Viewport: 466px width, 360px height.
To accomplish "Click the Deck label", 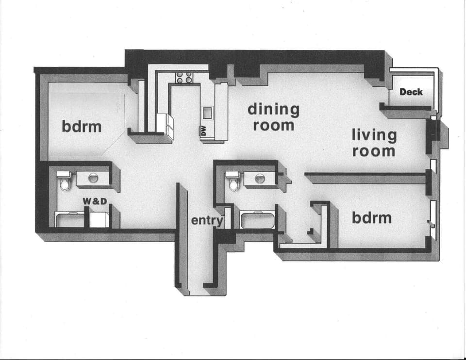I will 411,92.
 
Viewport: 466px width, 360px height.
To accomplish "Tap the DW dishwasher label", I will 204,131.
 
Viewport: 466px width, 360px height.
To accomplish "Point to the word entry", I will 207,221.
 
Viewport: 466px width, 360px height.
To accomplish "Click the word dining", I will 273,109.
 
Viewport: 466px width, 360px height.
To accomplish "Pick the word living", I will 374,135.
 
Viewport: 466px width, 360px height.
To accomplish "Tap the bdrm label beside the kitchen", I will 82,127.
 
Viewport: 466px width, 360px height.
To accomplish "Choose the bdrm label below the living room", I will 371,217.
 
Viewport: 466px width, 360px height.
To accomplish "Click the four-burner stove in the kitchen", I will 184,77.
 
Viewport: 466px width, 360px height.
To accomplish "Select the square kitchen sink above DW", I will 207,113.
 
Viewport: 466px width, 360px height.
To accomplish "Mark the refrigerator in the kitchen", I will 165,124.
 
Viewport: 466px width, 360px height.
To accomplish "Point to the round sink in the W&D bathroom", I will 93,179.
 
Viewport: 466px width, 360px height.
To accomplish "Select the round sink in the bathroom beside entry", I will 260,179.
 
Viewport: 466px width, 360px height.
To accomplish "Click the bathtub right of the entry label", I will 257,221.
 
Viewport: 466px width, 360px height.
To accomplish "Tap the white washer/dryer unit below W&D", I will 99,219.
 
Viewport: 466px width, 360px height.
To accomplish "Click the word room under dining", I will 273,125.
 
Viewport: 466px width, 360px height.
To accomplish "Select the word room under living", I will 374,151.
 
